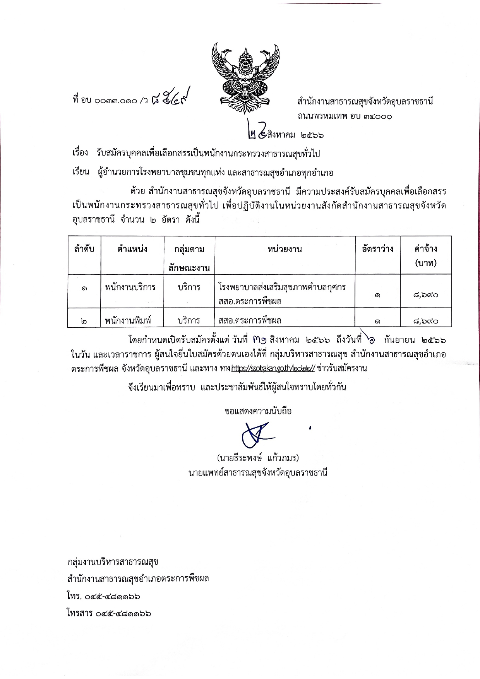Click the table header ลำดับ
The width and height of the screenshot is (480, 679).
point(84,249)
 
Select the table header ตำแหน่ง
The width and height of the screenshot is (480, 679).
point(132,249)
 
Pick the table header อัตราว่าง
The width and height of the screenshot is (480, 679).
point(377,249)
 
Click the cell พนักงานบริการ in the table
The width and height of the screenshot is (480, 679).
point(130,287)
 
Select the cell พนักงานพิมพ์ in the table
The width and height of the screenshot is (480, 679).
point(127,321)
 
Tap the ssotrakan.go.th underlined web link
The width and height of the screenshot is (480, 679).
point(273,368)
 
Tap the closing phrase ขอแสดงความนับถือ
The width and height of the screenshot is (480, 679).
point(258,411)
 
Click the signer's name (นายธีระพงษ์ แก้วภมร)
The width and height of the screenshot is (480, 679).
point(258,458)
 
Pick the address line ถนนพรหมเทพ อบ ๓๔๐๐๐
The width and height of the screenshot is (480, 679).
point(345,116)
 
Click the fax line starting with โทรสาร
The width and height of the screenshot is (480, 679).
point(108,613)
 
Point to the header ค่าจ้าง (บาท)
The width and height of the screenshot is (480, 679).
point(426,255)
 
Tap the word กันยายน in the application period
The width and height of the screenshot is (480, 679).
point(399,340)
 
